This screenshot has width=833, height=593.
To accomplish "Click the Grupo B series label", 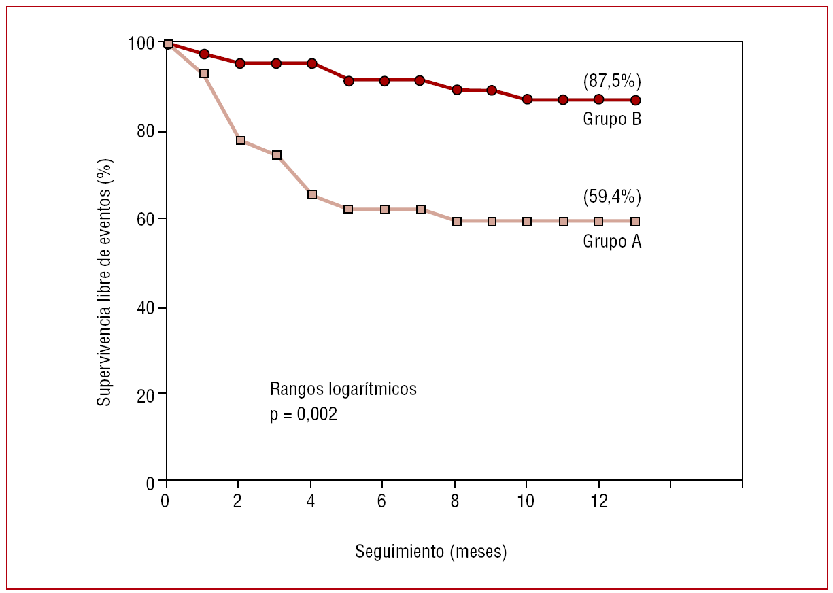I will coord(612,119).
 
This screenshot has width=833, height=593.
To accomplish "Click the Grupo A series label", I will coord(612,241).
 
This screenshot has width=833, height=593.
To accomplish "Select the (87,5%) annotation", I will coord(612,82).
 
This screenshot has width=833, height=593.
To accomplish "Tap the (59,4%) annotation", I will coord(612,197).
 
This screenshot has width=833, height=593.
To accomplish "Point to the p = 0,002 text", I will coord(303,414).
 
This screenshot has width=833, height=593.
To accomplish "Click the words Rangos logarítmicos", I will coord(343,390).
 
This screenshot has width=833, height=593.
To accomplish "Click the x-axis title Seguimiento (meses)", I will coord(430,552).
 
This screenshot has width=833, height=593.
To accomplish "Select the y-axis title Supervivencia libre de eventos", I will coord(104,282).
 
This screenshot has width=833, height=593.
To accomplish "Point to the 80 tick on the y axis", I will coord(145,131).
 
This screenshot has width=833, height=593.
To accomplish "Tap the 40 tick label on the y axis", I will coord(145,308).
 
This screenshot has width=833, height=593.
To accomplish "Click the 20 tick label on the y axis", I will coord(145,394).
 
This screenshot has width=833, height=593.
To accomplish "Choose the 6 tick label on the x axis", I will coord(381,501).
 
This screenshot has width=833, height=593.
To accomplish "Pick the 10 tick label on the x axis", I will coord(525,501).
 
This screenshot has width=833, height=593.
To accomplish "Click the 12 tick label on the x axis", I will coord(598,501).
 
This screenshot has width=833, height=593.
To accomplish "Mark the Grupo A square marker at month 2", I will coord(240,141).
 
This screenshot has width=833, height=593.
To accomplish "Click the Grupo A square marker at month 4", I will coord(312,194).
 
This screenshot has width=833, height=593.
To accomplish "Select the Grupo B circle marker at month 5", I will coord(349,81).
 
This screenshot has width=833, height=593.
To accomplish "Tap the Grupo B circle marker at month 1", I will coord(204,54).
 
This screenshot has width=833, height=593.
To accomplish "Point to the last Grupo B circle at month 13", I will coord(635,101).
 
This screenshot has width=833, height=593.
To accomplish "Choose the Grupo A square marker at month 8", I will coord(457,222).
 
